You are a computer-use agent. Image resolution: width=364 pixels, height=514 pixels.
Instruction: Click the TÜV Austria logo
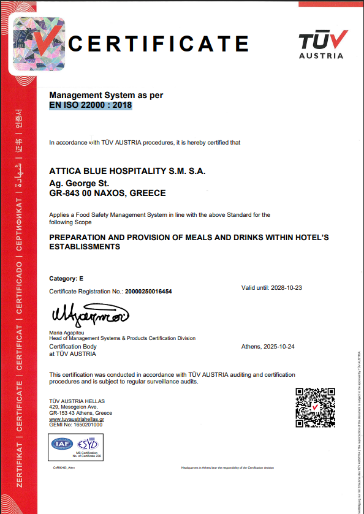[x=323, y=45]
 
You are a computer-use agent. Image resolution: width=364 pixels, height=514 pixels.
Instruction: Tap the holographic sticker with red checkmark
[x=39, y=44]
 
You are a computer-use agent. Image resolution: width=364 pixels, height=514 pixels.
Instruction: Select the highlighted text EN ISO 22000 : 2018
[x=91, y=105]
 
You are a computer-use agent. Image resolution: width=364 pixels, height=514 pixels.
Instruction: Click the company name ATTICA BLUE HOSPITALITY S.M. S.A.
[x=127, y=171]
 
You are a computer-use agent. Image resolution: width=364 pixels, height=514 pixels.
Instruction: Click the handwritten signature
[x=89, y=316]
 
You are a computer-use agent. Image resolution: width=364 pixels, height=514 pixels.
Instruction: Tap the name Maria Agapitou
[x=68, y=333]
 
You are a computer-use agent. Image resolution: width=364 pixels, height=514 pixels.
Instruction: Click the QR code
[x=315, y=407]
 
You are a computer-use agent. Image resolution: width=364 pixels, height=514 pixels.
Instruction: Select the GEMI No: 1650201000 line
[x=75, y=425]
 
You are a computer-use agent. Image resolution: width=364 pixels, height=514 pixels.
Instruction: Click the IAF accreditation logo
[x=63, y=444]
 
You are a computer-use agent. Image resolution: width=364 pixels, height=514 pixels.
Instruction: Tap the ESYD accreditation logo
[x=89, y=444]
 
